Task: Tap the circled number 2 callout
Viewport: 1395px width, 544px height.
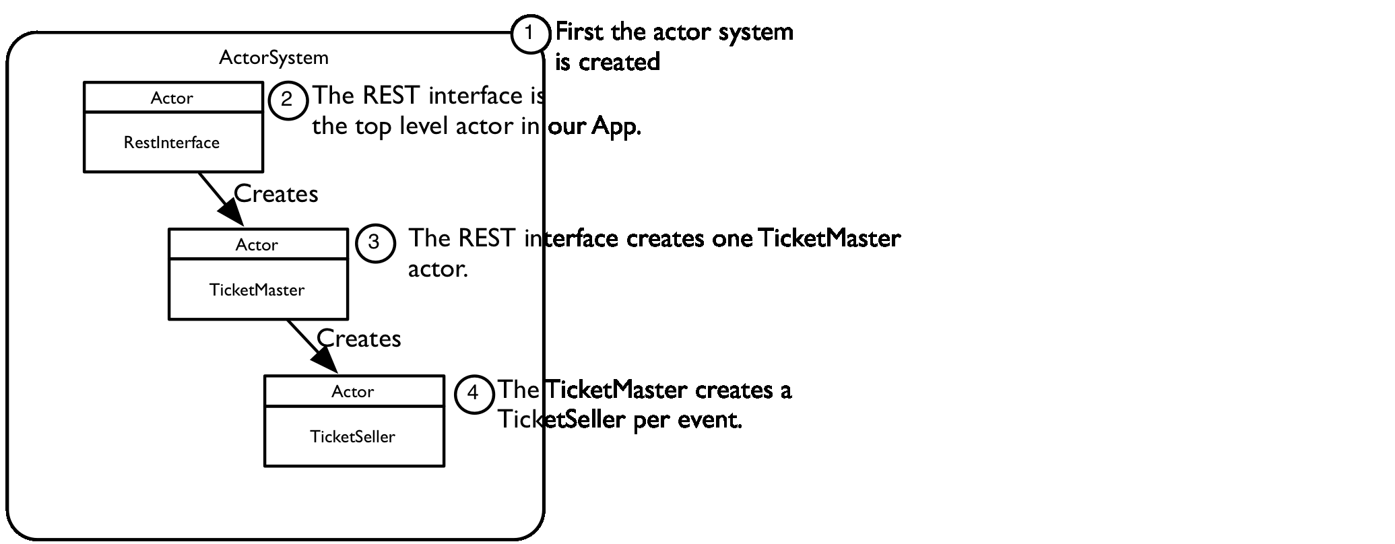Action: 288,100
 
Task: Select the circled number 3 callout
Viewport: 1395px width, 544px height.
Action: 375,242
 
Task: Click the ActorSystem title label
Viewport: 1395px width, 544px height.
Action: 273,58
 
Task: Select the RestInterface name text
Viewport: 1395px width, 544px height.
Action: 172,143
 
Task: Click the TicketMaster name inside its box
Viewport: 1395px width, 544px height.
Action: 257,290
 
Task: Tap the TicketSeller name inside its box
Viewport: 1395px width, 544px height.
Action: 352,437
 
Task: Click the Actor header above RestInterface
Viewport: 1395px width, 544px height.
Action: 172,98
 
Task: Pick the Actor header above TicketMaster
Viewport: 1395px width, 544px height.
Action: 257,245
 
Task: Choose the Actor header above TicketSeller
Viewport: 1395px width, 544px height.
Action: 352,392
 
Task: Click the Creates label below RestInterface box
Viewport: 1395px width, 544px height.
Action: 275,194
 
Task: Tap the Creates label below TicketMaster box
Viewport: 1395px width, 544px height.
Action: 358,339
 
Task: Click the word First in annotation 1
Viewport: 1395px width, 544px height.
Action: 580,32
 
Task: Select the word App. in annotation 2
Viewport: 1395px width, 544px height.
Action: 616,127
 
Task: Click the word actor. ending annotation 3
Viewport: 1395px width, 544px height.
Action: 437,269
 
